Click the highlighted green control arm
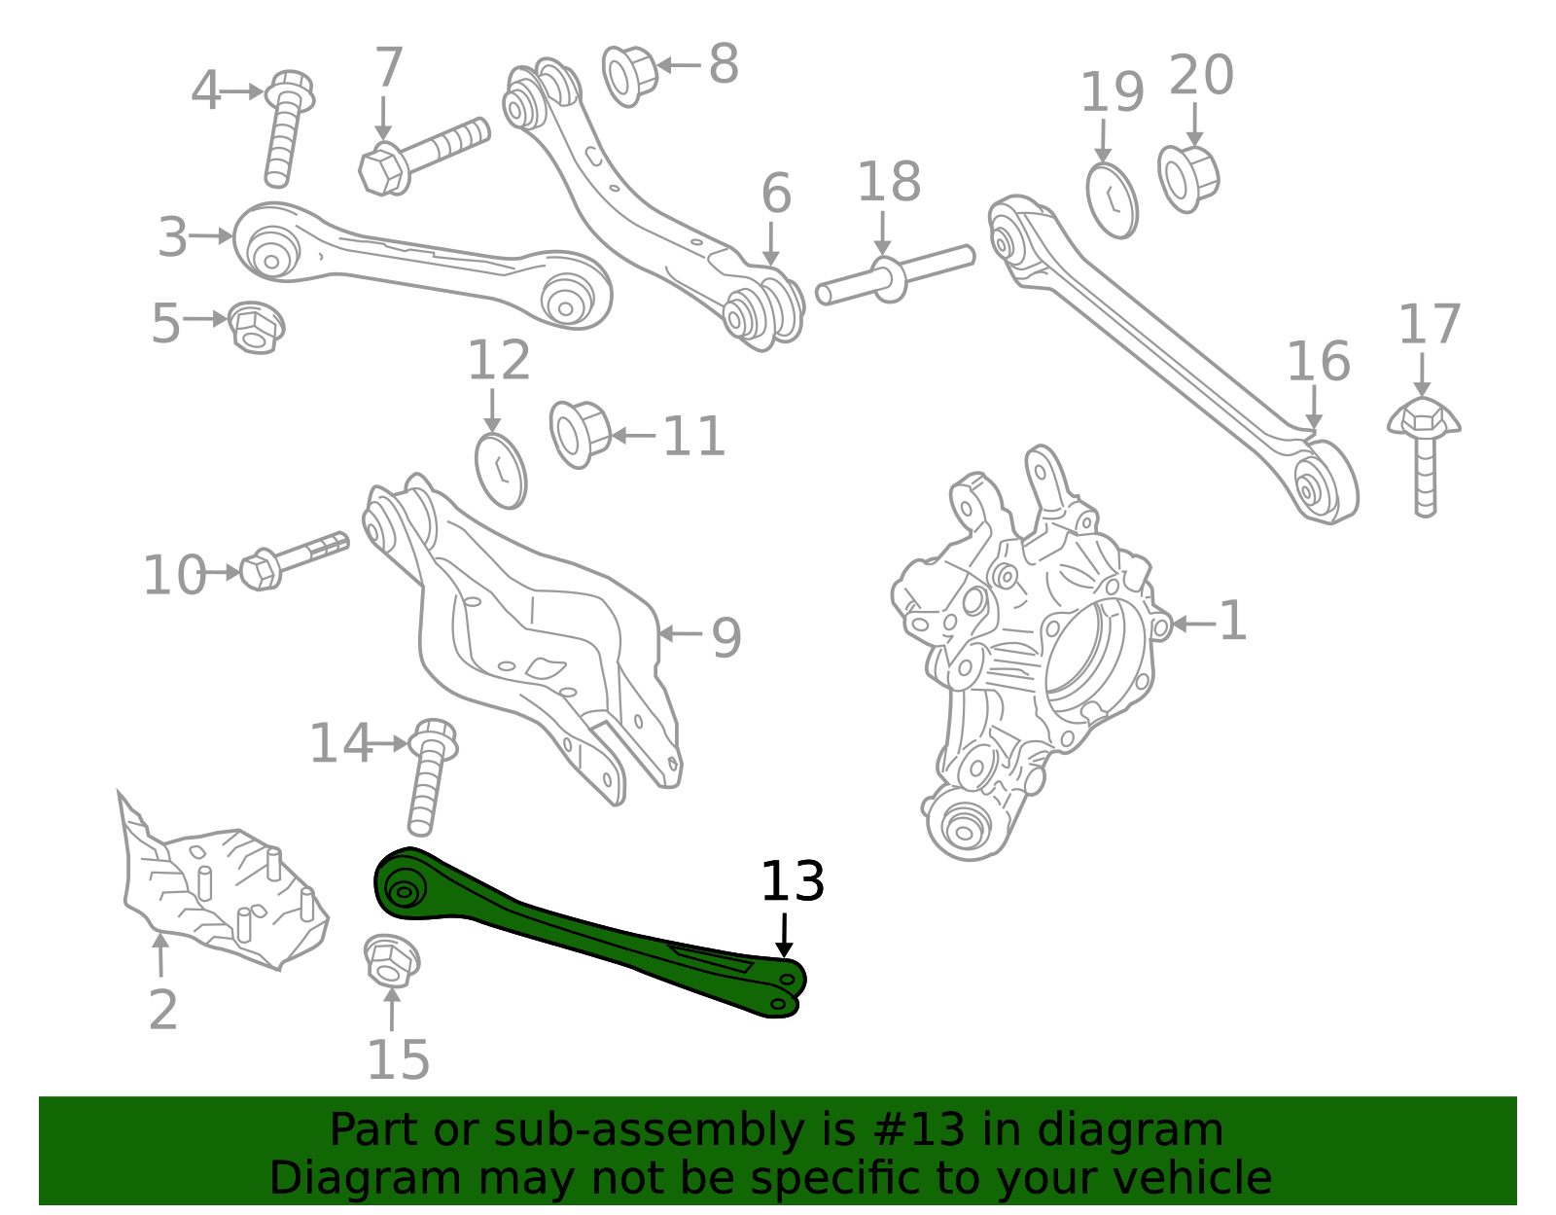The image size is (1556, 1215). click(583, 934)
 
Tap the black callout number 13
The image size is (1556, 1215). click(792, 881)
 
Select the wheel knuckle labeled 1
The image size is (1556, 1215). click(1031, 652)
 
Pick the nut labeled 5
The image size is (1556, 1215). click(256, 327)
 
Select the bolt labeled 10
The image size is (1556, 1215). click(287, 559)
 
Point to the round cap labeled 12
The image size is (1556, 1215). click(501, 471)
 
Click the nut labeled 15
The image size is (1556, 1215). click(391, 960)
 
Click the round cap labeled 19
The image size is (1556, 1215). click(1112, 200)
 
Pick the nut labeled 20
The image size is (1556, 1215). click(1187, 178)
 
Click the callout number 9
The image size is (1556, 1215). click(725, 638)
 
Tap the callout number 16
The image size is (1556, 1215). click(1318, 362)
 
